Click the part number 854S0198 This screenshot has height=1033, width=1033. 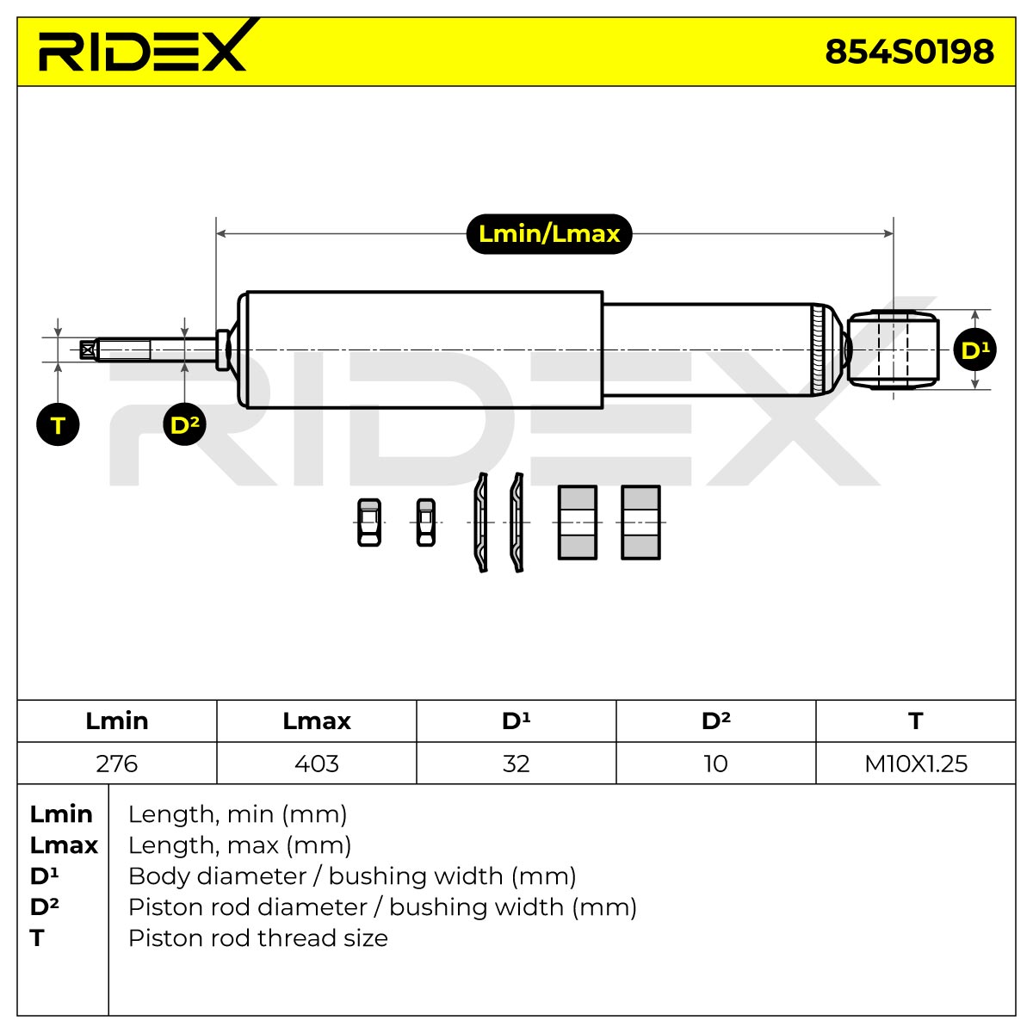click(x=909, y=52)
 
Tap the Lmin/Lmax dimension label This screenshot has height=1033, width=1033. click(x=549, y=234)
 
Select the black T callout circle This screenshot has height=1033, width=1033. click(x=58, y=424)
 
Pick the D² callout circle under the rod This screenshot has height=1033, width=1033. click(x=184, y=424)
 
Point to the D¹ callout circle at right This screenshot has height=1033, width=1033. click(x=975, y=350)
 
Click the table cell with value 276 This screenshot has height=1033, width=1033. click(x=117, y=764)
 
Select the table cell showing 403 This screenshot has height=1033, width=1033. click(x=316, y=764)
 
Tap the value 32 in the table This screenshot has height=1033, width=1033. click(x=516, y=764)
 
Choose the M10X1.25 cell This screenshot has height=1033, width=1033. click(x=916, y=764)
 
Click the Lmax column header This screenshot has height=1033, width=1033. click(x=316, y=721)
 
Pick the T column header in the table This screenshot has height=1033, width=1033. click(x=916, y=721)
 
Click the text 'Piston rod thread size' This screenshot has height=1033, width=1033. click(x=258, y=938)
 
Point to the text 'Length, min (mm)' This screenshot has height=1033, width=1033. click(x=238, y=814)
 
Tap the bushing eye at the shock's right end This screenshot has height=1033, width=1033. click(x=893, y=349)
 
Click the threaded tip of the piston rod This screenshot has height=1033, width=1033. click(x=115, y=350)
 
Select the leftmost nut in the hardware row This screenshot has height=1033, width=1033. click(x=368, y=523)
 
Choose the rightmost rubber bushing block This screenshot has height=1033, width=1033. click(x=640, y=523)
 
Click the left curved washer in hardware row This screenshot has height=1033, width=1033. click(x=481, y=523)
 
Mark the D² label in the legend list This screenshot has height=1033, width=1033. click(x=44, y=906)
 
